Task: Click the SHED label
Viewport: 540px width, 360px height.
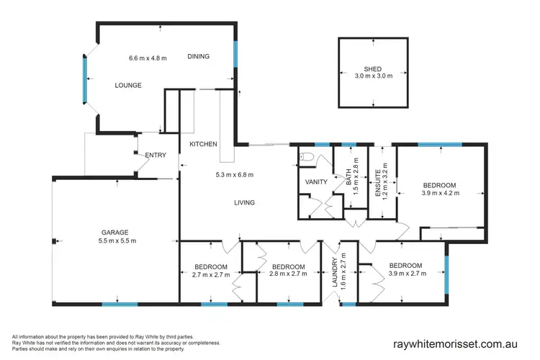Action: point(373,69)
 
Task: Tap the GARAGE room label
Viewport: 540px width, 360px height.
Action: point(114,232)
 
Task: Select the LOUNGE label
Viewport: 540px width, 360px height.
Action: point(128,85)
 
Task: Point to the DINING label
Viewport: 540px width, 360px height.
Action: point(199,57)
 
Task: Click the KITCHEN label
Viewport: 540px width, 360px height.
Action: point(203,145)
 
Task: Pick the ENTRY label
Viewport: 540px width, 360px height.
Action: point(156,156)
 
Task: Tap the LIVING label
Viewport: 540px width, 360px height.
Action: point(244,203)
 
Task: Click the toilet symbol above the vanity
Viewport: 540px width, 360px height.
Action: point(306,156)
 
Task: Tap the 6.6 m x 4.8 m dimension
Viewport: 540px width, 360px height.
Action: point(148,58)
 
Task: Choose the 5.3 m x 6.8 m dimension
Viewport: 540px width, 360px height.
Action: point(235,174)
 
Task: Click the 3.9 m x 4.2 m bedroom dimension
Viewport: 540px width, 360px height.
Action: point(440,193)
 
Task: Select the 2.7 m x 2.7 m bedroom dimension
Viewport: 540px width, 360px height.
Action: point(210,274)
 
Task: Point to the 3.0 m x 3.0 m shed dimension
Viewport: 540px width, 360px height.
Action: point(373,77)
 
